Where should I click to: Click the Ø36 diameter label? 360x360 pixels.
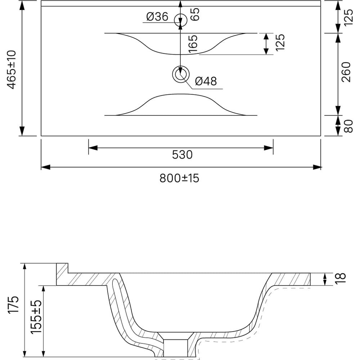(x=157, y=17)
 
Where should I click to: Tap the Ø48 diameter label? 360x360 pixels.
(x=206, y=81)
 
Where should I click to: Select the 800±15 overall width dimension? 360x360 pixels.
(x=179, y=178)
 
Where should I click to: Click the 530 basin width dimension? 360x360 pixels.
(x=182, y=154)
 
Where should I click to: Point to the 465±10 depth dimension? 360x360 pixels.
(x=12, y=69)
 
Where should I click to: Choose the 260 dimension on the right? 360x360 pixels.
(x=346, y=72)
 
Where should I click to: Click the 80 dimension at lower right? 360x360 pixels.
(x=348, y=126)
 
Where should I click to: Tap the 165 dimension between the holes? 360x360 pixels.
(x=193, y=44)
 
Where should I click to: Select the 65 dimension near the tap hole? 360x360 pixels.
(x=195, y=14)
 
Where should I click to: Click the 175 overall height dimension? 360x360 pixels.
(x=13, y=305)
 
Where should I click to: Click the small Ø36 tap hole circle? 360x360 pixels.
(x=181, y=20)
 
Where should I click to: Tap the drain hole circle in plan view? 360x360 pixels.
(x=181, y=74)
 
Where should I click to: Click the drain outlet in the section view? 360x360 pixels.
(x=175, y=348)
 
